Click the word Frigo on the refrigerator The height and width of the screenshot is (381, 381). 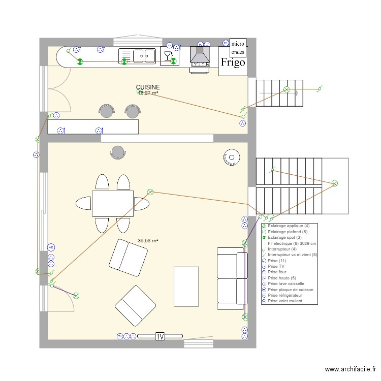233,62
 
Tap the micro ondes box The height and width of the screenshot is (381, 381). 238,48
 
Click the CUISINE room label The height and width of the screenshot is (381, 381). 148,87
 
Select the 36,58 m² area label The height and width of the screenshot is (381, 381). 148,241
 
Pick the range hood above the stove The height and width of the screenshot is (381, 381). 200,55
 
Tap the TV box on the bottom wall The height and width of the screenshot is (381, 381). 160,336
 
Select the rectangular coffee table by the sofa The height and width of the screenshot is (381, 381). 186,286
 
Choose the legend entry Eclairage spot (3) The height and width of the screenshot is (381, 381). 284,237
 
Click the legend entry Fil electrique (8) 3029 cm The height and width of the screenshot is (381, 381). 292,243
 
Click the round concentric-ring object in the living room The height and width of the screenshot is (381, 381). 231,157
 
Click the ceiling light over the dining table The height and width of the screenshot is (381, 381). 150,192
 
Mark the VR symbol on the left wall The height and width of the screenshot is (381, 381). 51,247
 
